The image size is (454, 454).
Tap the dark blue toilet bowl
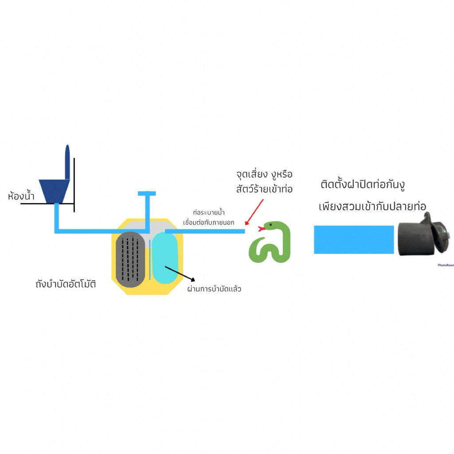[x=55, y=191]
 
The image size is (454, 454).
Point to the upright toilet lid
[x=67, y=162]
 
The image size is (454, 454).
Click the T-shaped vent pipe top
[x=147, y=193]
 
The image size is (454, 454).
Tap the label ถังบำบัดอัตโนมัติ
[x=66, y=284]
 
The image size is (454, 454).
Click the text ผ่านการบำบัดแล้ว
[x=214, y=289]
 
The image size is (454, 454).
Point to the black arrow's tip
[x=195, y=281]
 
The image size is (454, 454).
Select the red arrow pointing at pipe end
[x=254, y=212]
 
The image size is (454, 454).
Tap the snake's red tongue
[x=262, y=229]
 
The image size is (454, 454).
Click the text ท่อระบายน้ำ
[x=209, y=212]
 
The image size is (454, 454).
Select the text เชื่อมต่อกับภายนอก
[x=209, y=223]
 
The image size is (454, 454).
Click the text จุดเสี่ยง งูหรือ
[x=265, y=175]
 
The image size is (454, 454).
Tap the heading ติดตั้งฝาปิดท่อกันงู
[x=363, y=185]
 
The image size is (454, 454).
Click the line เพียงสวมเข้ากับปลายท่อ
[x=372, y=207]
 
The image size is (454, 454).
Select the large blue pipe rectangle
[x=354, y=240]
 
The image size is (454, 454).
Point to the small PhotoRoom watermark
[x=446, y=265]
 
